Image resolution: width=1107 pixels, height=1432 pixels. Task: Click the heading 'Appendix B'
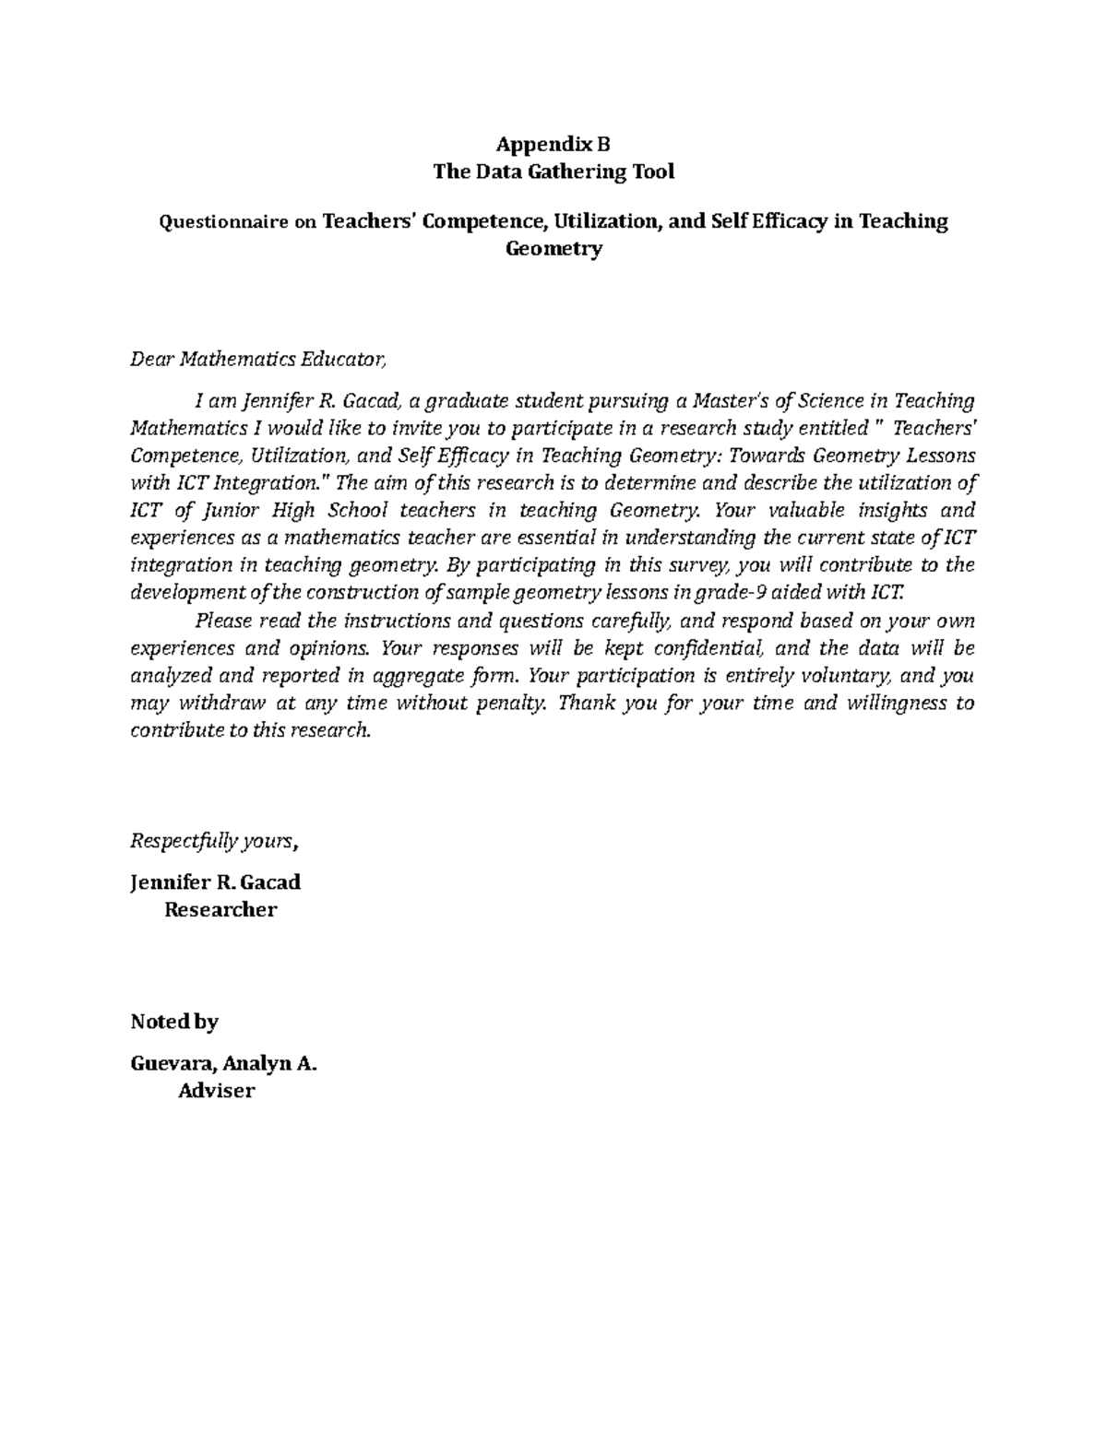[x=553, y=144]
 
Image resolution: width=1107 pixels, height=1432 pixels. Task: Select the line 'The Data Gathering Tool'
[x=553, y=172]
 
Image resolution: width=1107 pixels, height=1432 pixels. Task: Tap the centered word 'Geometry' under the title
[x=553, y=249]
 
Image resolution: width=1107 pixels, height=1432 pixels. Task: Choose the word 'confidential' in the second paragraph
[x=716, y=647]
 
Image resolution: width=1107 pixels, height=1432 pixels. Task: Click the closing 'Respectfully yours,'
[x=215, y=841]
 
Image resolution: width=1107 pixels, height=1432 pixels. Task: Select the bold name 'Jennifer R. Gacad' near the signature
[x=216, y=882]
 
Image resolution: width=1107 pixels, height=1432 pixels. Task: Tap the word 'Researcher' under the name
[x=220, y=910]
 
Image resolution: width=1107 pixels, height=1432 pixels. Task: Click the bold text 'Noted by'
[x=174, y=1022]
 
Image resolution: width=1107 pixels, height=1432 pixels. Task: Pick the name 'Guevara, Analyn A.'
[x=224, y=1064]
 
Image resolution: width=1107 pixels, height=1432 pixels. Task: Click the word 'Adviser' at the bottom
[x=216, y=1092]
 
